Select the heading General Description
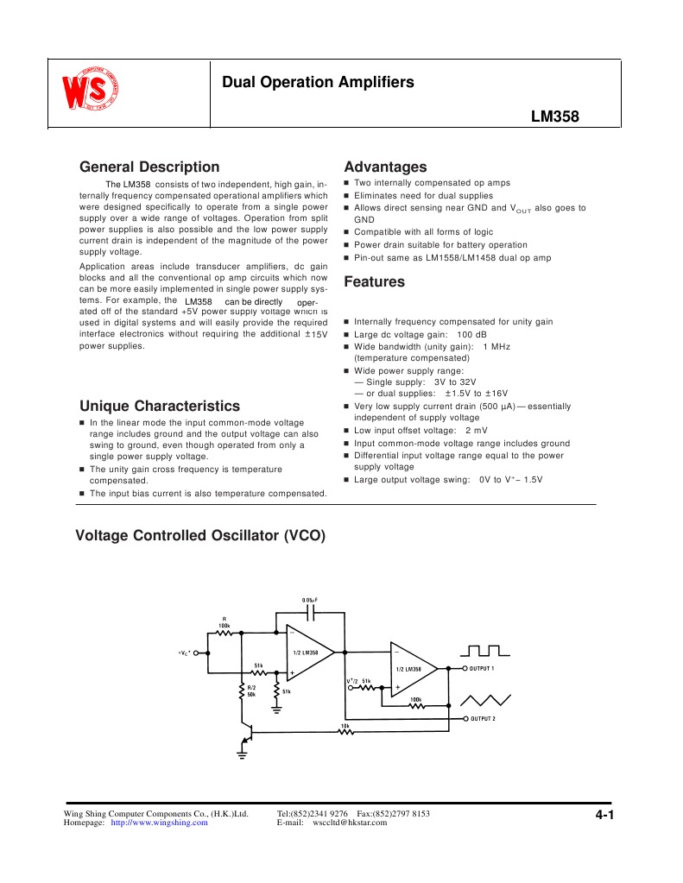pos(149,167)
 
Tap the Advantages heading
pos(385,167)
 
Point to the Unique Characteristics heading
pos(160,406)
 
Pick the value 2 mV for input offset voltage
pos(476,430)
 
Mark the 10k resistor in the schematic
pos(345,731)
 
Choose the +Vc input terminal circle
pos(197,653)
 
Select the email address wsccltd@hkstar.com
pos(349,823)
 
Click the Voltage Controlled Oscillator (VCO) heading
pos(200,536)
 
